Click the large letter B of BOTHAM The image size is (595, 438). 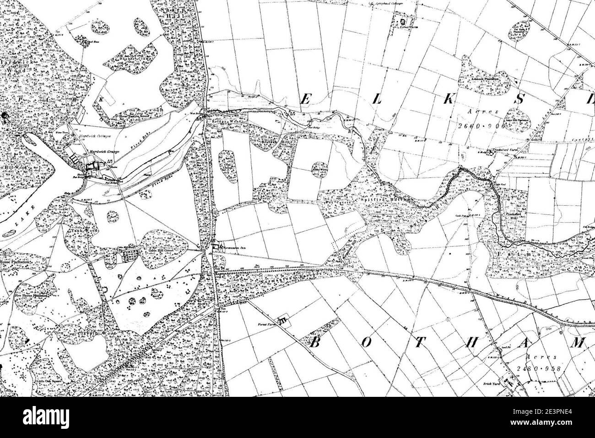314,343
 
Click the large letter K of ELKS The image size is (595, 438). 432,99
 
